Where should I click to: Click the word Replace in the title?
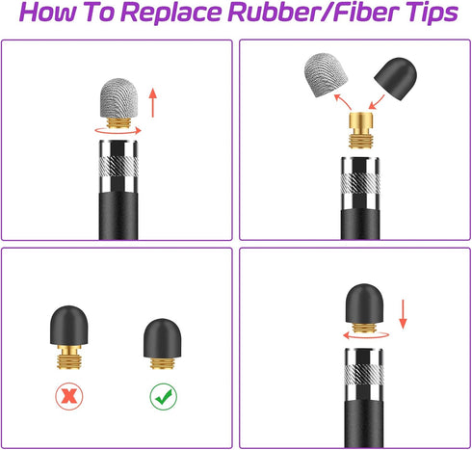pos(172,13)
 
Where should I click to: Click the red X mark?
pos(69,396)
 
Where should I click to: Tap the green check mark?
pos(164,396)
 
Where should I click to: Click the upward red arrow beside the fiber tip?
pos(153,103)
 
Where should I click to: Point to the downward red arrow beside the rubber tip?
pos(403,314)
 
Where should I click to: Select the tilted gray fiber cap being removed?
pos(326,75)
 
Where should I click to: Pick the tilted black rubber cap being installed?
pos(396,79)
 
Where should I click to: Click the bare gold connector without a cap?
pos(361,130)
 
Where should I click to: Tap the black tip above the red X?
pos(69,325)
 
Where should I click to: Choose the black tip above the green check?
pos(162,338)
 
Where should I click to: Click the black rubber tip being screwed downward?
pos(364,304)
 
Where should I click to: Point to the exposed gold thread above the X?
pos(69,357)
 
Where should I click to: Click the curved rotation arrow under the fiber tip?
pos(118,132)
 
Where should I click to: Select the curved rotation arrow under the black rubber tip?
pos(366,336)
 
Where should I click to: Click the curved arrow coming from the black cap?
pos(377,102)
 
